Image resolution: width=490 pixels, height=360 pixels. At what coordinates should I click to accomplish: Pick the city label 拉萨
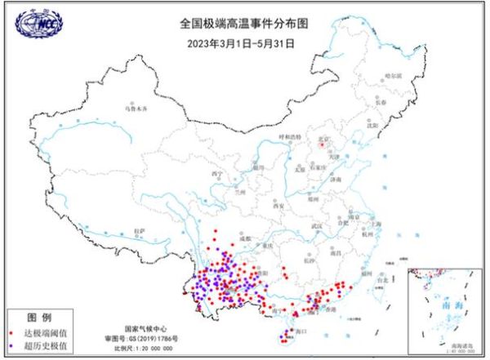pyautogui.click(x=140, y=231)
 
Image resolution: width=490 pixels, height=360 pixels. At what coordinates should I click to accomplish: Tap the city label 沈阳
pyautogui.click(x=373, y=125)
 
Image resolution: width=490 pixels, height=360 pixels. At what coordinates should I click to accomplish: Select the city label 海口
pyautogui.click(x=300, y=332)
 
